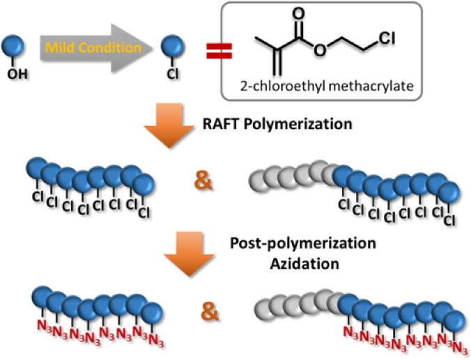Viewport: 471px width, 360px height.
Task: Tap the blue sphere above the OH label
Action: [17, 47]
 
